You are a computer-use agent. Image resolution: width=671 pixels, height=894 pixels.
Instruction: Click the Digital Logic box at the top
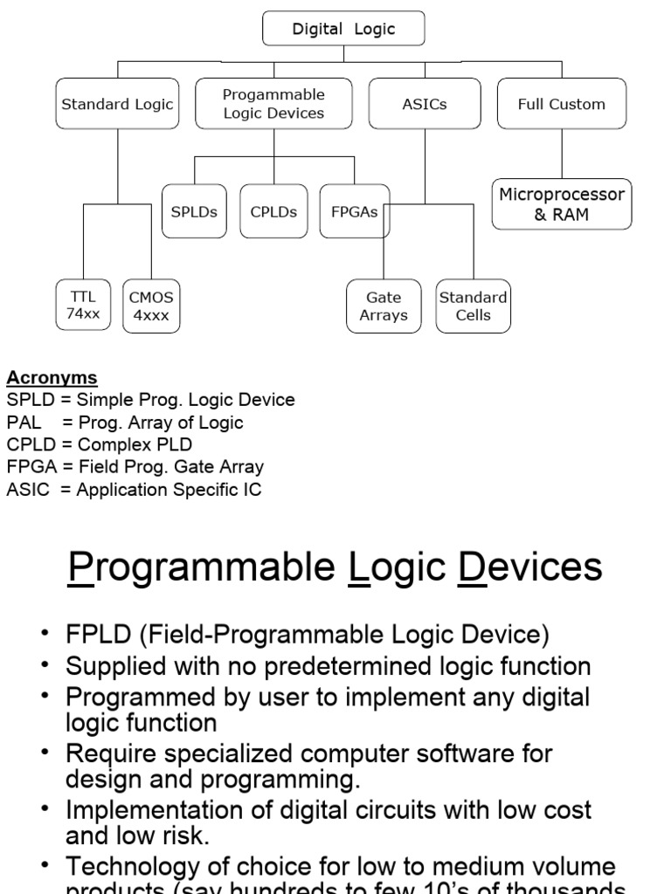343,29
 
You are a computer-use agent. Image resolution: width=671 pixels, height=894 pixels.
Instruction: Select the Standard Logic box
117,104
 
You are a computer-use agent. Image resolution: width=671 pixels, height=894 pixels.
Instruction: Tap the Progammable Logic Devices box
273,104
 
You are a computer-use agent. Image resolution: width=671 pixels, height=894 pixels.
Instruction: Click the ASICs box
424,104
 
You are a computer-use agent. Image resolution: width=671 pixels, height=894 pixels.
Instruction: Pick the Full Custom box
561,104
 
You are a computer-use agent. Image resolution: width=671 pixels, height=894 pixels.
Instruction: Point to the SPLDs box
194,211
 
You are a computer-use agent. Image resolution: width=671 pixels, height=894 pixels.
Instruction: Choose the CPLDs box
273,211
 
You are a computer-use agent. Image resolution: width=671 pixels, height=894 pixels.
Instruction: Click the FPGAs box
354,211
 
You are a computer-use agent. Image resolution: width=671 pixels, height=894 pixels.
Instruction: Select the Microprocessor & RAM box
561,204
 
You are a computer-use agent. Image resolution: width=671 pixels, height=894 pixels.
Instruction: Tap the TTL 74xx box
84,306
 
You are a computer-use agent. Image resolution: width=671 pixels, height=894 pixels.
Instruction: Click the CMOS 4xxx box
151,306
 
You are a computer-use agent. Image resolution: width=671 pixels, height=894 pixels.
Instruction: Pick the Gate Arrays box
384,306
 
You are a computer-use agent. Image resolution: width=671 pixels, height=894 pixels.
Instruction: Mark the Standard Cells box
473,306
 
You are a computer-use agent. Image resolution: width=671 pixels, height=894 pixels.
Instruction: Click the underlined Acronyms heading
52,378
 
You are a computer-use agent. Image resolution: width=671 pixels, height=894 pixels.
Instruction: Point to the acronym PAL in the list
24,423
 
